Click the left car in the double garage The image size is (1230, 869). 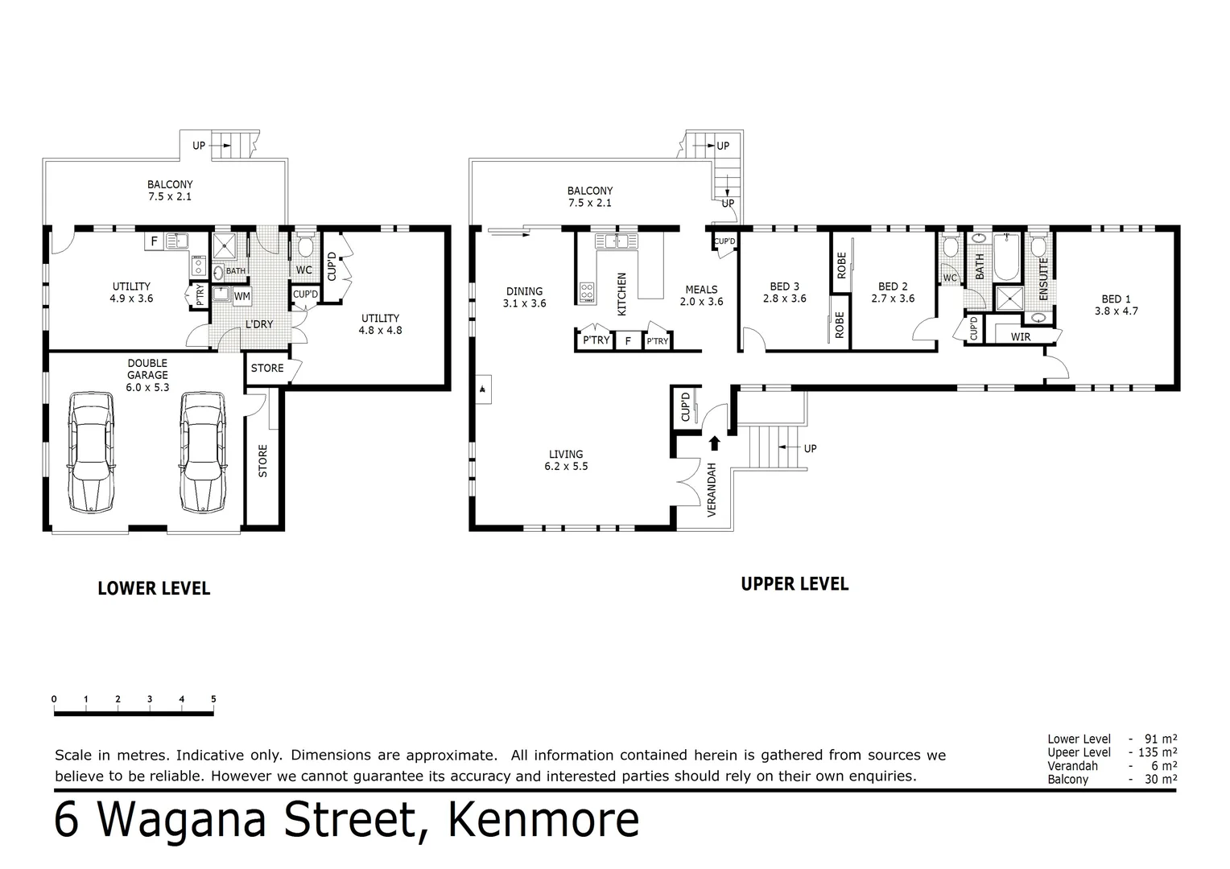pos(90,452)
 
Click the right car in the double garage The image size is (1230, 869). pos(202,452)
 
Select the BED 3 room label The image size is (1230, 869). pos(784,292)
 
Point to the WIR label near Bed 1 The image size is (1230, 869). pos(1020,337)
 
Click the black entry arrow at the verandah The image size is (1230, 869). pos(713,443)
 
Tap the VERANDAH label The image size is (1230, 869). pos(712,490)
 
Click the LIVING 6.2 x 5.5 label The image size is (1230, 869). pos(566,459)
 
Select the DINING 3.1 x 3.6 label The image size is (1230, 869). pos(524,297)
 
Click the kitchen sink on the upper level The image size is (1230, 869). pos(616,241)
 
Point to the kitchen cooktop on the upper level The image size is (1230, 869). pos(587,292)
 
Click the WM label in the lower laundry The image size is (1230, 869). pos(241,296)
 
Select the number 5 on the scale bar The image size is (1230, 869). pos(213,699)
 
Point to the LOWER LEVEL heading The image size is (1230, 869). pos(154,588)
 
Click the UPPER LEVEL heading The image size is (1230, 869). pos(795,584)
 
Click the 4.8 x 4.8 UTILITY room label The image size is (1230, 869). pos(380,323)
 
